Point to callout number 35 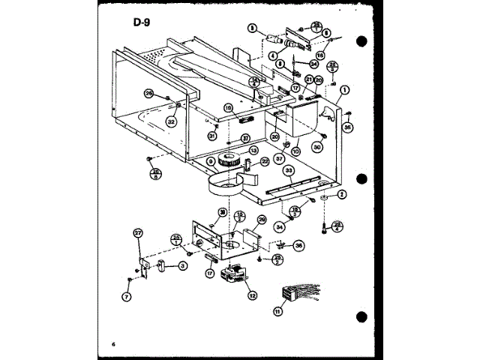click(347, 127)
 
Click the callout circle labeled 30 click(317, 148)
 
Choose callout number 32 click(172, 119)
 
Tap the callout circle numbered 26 click(149, 94)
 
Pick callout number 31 click(212, 136)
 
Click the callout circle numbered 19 click(229, 108)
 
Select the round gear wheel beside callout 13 click(225, 162)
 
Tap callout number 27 click(137, 234)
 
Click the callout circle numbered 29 click(262, 220)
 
